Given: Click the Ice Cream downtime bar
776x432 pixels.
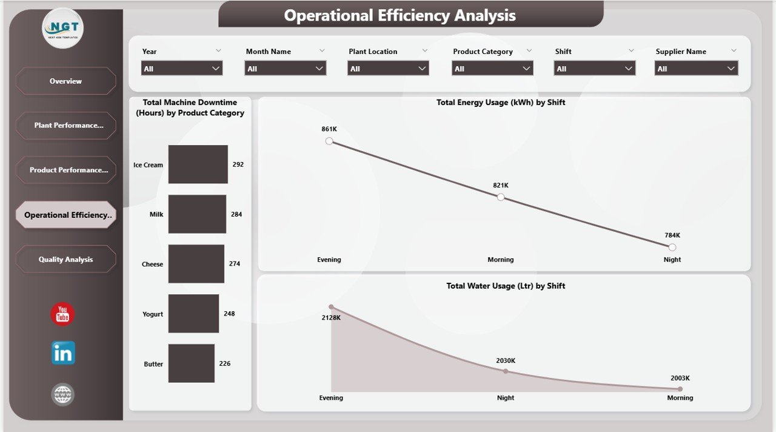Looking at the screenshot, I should [x=198, y=164].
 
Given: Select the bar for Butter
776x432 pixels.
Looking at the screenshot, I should [x=191, y=363].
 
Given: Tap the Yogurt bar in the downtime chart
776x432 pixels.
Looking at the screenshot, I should [x=193, y=314].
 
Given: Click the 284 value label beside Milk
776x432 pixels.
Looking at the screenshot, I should [x=236, y=214].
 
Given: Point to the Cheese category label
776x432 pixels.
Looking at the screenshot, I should [x=152, y=265].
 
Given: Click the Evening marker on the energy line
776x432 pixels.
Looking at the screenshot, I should [x=329, y=141].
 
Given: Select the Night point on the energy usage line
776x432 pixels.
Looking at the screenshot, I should [x=672, y=247].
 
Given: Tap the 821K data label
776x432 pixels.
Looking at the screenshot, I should [x=501, y=185].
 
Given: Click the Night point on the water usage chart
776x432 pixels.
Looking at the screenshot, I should [x=506, y=371].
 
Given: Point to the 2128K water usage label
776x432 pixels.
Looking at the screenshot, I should [x=331, y=318].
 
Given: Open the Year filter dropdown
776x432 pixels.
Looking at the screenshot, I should [x=182, y=69].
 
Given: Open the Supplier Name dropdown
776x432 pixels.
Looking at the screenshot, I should [x=697, y=69].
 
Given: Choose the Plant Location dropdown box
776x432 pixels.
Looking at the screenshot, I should [x=388, y=69].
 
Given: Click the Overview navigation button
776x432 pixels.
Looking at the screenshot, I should [x=65, y=81].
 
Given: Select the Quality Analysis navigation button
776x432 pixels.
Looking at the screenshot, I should [x=65, y=260].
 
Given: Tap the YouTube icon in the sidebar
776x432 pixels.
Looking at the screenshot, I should [x=62, y=314].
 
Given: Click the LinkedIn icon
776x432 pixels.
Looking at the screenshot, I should [x=63, y=353].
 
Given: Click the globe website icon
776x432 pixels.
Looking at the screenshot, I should [x=63, y=394].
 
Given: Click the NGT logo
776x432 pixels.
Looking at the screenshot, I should [x=63, y=28].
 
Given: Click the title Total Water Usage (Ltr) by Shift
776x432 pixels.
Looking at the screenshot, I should [x=506, y=286].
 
